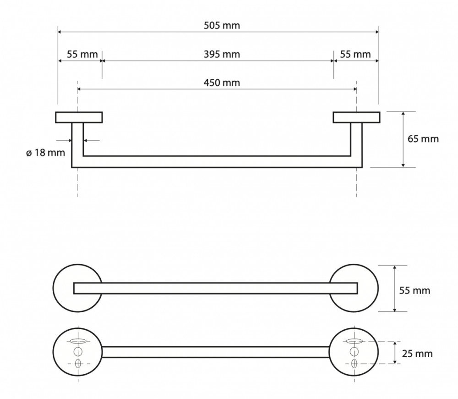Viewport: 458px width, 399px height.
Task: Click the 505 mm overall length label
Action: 222,26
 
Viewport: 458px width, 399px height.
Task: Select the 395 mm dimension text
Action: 222,55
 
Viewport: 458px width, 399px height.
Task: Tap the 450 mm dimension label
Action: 222,83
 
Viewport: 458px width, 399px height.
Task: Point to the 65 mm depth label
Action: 423,139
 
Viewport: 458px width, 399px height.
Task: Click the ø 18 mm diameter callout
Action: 45,152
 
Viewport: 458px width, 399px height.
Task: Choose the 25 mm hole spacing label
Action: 417,354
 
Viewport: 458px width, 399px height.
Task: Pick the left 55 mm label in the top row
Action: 82,55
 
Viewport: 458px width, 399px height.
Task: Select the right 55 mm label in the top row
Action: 355,55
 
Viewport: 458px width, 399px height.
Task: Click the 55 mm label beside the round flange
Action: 415,290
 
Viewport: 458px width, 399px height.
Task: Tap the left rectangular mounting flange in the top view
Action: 79,117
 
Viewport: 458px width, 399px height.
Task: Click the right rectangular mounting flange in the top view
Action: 356,117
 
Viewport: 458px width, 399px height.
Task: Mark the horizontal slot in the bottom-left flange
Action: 78,341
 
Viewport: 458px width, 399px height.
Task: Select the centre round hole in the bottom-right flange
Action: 354,352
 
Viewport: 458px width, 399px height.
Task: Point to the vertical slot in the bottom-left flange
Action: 78,364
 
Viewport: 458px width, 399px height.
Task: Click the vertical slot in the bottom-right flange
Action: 354,364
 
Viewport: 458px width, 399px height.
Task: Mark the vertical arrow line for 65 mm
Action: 403,139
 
